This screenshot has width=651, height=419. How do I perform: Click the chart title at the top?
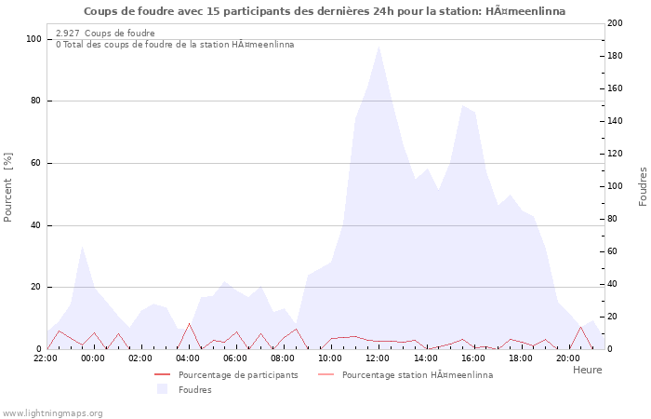(324, 11)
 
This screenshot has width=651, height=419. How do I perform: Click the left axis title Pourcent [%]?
(8, 187)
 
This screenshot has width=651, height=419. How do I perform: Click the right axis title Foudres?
(643, 186)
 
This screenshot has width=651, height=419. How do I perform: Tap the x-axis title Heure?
(587, 370)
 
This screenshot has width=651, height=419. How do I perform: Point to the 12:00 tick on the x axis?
(378, 358)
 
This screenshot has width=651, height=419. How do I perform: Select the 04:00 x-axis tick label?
(188, 358)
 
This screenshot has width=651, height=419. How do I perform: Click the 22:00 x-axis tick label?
(46, 358)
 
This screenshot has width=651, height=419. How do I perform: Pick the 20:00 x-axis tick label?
(567, 358)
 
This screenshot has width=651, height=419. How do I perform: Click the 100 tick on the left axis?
(33, 39)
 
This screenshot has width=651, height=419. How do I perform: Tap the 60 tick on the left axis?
(36, 163)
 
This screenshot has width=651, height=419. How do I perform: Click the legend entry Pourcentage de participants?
(238, 375)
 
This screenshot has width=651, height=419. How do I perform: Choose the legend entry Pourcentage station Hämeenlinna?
(418, 375)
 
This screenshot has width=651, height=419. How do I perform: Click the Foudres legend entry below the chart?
(194, 389)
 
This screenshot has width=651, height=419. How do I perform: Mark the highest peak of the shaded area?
(379, 47)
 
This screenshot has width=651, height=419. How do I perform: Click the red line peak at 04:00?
(189, 324)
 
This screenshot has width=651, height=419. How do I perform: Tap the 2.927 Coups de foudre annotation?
(105, 34)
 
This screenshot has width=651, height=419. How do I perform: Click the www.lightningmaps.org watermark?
(52, 412)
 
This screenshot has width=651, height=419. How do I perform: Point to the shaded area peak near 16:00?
(462, 105)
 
